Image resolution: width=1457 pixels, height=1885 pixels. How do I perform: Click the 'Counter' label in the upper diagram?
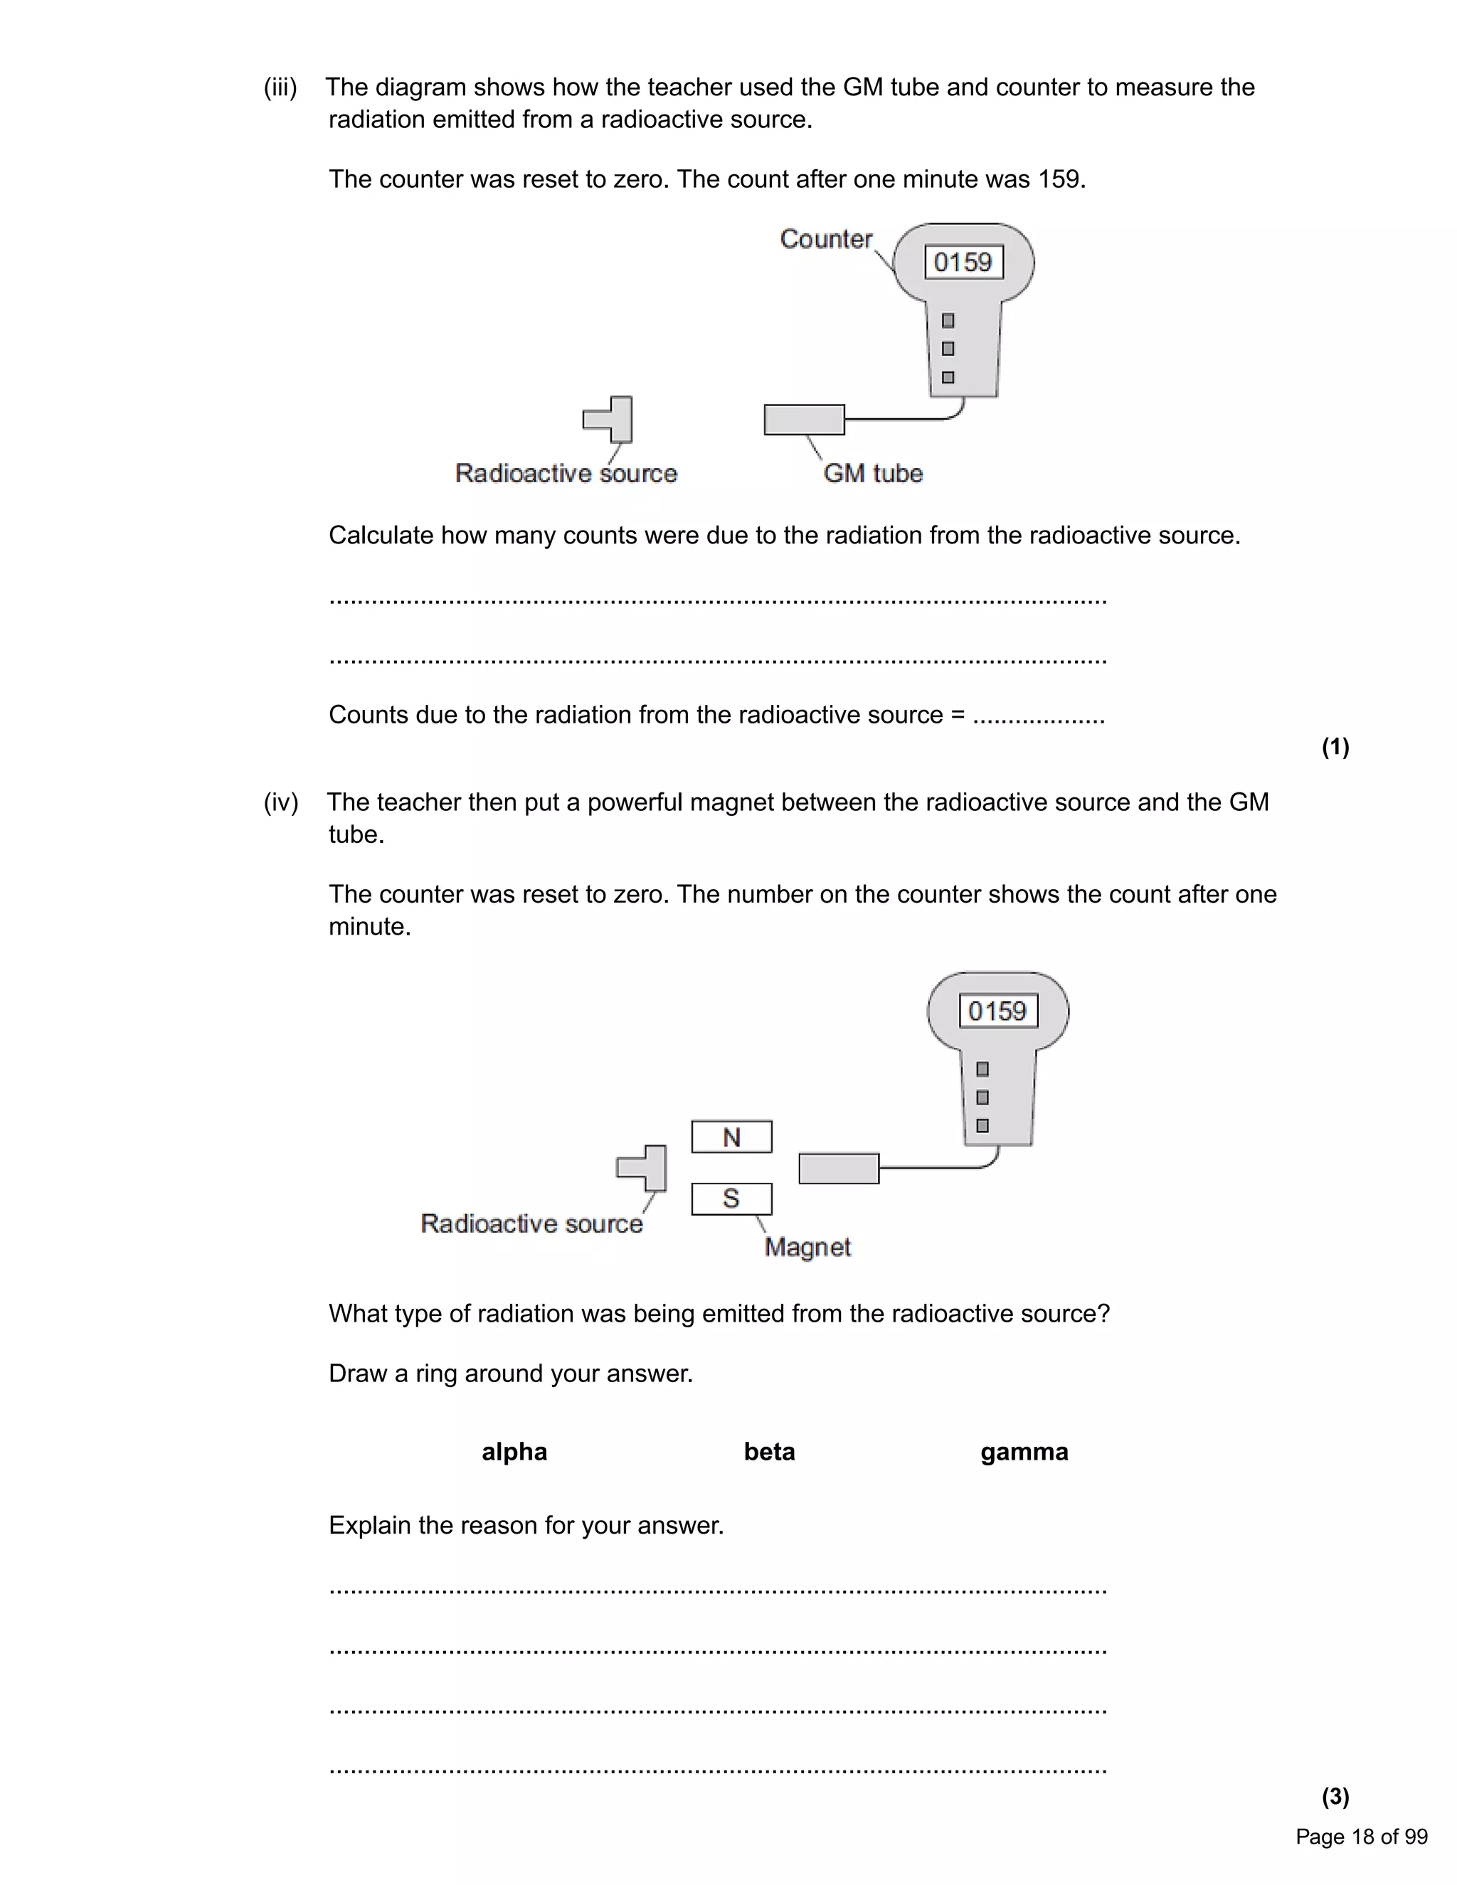tap(825, 239)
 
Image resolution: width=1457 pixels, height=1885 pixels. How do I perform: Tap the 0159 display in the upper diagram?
tap(963, 262)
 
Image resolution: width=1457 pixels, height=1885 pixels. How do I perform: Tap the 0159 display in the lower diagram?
tap(998, 1011)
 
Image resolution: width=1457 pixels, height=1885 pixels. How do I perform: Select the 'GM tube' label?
tap(873, 473)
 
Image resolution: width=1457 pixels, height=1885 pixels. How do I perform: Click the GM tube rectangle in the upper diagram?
tap(804, 420)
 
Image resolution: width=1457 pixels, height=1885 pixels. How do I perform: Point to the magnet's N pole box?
tap(731, 1137)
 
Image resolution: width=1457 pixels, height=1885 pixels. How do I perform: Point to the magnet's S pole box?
tap(731, 1198)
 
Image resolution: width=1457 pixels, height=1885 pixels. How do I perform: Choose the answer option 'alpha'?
tap(514, 1452)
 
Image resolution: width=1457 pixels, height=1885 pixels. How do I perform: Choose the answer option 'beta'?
tap(769, 1452)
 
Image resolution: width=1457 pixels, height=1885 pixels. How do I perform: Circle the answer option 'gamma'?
tap(1024, 1453)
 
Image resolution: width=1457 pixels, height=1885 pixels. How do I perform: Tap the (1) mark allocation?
tap(1335, 747)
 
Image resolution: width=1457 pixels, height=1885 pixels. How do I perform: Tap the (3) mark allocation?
tap(1335, 1796)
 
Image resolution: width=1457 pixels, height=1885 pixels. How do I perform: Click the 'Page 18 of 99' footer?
tap(1361, 1837)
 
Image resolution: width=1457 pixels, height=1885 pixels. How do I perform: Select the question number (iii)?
tap(280, 87)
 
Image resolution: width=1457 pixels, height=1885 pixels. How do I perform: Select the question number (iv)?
tap(280, 802)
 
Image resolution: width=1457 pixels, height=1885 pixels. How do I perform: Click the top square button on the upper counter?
tap(948, 321)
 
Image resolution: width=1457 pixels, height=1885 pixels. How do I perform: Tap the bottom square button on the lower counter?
tap(982, 1125)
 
